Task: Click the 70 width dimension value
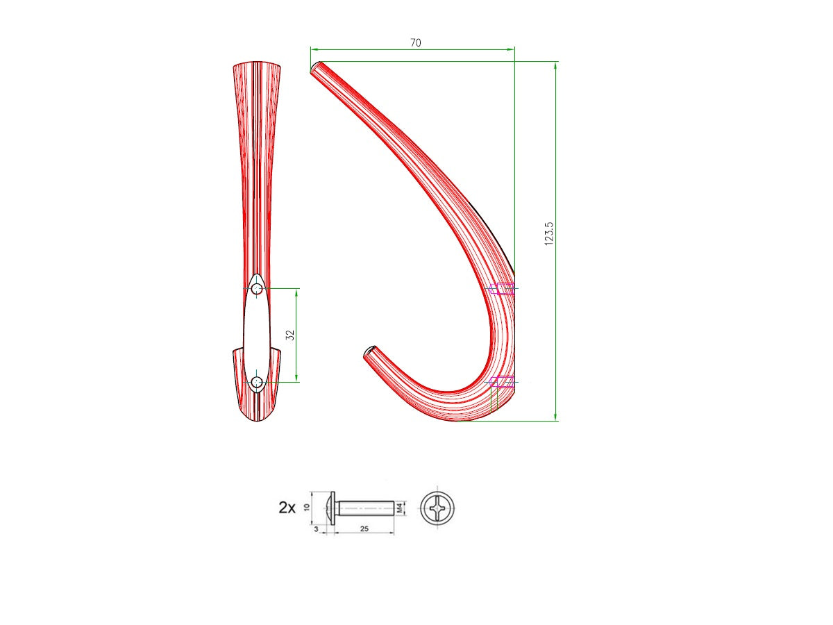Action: tap(415, 42)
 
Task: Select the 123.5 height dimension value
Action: tap(549, 234)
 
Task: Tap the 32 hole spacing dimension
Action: tap(291, 334)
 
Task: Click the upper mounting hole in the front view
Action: tap(257, 288)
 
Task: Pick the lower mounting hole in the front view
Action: tap(257, 381)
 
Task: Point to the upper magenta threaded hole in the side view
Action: tap(503, 289)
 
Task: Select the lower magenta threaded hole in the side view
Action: tap(503, 381)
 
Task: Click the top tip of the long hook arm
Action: tap(315, 67)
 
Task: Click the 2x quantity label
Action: tap(287, 508)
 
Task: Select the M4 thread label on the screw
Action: tap(400, 508)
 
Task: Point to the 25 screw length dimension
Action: tap(364, 529)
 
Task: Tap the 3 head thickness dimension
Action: tap(317, 529)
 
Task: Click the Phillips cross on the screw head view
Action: tap(439, 508)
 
